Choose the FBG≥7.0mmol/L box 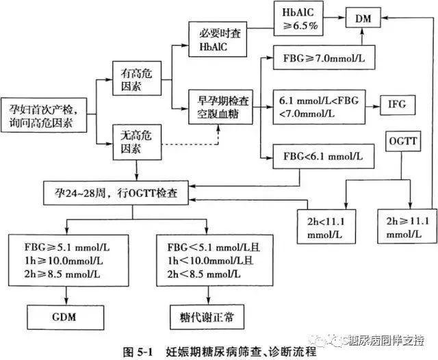(322, 58)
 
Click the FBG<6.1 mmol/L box (322, 158)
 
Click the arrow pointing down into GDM (66, 294)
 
